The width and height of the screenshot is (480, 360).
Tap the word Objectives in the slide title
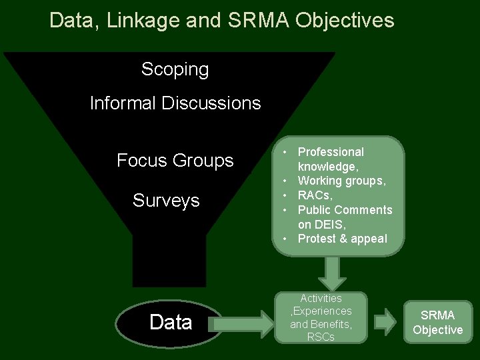point(345,21)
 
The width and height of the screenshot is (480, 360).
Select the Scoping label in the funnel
point(175,69)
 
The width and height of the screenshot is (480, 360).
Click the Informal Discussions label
point(175,103)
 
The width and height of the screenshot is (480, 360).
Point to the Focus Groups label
point(175,161)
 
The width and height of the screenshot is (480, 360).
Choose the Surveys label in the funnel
point(166,201)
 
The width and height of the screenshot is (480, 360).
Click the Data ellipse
point(171,323)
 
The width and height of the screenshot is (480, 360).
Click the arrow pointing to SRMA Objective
point(385,322)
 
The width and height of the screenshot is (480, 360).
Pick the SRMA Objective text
point(437,323)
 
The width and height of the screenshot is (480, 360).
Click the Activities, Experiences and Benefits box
point(321,317)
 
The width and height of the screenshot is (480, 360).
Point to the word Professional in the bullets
point(331,152)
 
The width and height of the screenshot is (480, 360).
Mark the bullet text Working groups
point(341,181)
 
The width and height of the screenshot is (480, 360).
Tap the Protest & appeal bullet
point(342,239)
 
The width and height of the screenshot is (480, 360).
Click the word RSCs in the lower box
point(321,337)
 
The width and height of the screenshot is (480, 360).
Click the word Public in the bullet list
point(315,210)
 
